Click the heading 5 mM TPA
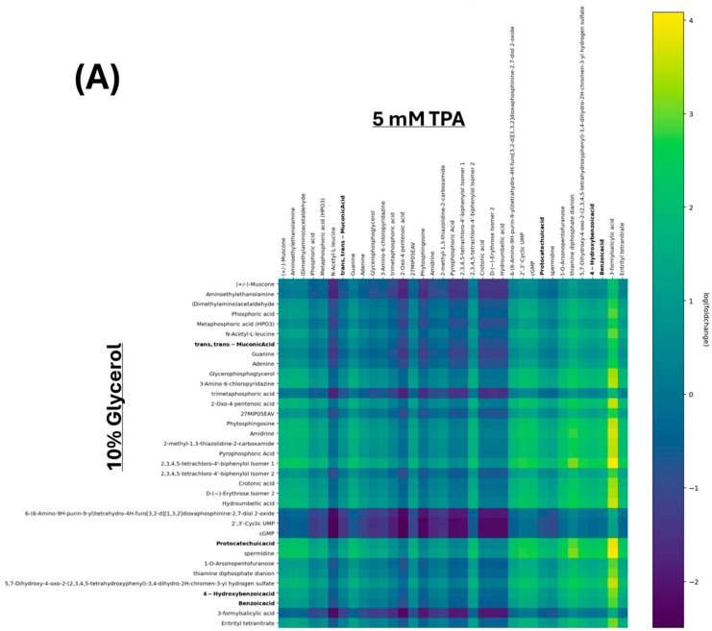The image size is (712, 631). click(418, 119)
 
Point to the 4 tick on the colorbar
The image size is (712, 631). click(688, 20)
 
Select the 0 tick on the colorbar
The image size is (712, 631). click(688, 395)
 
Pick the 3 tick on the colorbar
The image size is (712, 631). click(688, 113)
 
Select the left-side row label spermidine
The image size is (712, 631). click(250, 554)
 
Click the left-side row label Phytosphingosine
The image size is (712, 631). click(238, 422)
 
